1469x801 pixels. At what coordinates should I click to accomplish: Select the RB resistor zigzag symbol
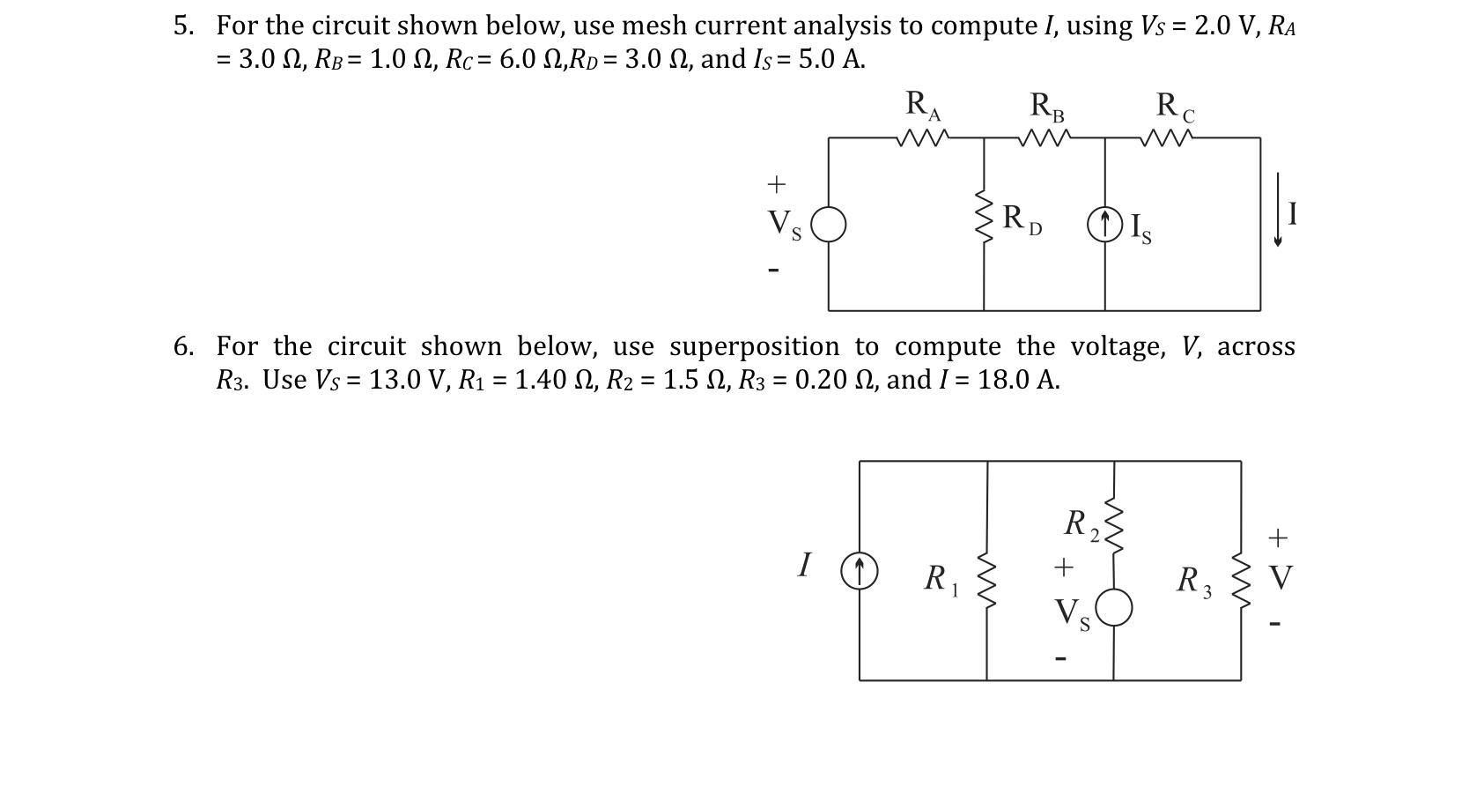click(1044, 138)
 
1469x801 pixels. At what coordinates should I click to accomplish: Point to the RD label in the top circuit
click(1022, 219)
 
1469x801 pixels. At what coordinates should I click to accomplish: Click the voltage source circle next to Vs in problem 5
click(828, 225)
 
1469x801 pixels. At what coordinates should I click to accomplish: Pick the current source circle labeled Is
click(1105, 224)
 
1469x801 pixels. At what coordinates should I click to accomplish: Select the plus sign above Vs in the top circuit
click(775, 184)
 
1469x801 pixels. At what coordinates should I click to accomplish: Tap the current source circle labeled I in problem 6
click(860, 570)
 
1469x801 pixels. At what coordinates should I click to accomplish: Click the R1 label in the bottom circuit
click(940, 580)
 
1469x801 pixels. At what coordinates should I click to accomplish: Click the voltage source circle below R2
click(1114, 608)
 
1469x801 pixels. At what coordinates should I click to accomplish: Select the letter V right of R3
click(1281, 579)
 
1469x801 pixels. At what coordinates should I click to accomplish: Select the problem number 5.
click(183, 26)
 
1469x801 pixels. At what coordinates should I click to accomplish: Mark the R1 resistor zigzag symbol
click(987, 582)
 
